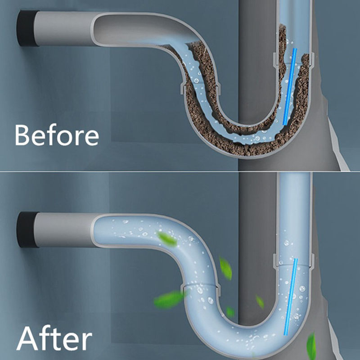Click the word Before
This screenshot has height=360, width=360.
tap(57, 135)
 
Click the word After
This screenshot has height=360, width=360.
tap(54, 338)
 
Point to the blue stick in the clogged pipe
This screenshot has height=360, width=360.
tap(289, 87)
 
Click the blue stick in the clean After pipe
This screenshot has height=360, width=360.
tap(291, 297)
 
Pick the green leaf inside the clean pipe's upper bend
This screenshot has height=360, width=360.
tap(167, 239)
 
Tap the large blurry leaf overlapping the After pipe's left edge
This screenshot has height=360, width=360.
tap(170, 299)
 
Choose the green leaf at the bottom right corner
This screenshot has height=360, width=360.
tap(311, 346)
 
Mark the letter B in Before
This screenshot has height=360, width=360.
tap(22, 135)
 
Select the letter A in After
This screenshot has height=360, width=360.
tap(27, 338)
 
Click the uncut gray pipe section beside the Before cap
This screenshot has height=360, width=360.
tap(64, 29)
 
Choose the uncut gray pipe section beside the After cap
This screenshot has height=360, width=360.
tap(64, 230)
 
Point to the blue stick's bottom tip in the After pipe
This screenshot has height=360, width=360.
tap(285, 334)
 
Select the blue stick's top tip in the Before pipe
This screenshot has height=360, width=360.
tap(295, 49)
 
